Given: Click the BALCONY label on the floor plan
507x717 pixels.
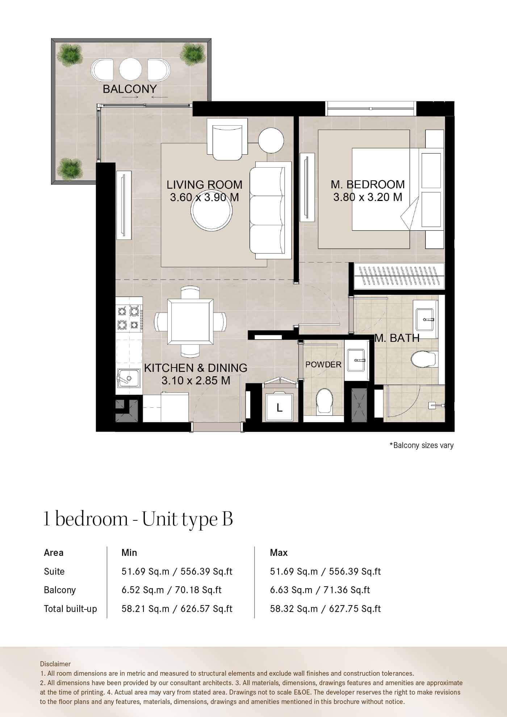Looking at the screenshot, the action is [x=130, y=89].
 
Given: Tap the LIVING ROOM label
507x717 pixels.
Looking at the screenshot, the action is [x=204, y=185].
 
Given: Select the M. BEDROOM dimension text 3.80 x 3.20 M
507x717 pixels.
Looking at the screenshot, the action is [x=368, y=197].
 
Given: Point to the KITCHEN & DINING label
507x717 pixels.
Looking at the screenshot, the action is [x=196, y=368].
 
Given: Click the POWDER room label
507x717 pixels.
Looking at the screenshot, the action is [x=323, y=365].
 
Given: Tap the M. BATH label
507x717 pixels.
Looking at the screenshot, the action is [x=397, y=338].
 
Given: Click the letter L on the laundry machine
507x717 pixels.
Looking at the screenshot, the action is [x=279, y=408].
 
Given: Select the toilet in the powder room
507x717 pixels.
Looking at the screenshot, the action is [x=324, y=401].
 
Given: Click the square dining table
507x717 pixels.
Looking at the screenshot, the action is [x=190, y=322].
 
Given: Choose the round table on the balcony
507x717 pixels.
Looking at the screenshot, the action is [x=130, y=69].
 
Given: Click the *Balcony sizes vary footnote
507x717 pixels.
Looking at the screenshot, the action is [x=422, y=445].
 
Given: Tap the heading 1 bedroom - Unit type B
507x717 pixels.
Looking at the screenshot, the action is [x=138, y=519].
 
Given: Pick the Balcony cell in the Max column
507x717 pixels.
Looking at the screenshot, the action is [x=320, y=590].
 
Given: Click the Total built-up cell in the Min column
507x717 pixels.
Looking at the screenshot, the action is [x=177, y=609].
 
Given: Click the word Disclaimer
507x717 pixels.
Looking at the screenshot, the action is [x=55, y=664].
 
